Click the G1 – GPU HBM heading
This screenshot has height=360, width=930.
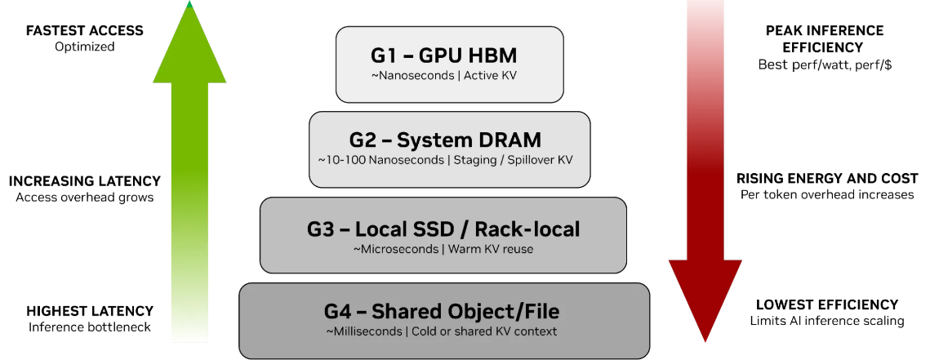(x=449, y=56)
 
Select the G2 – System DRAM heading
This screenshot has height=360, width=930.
(x=449, y=140)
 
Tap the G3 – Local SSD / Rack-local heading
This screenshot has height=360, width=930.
(x=443, y=229)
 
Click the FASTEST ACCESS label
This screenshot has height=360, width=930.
(x=85, y=30)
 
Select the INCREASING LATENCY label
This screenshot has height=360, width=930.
(x=85, y=181)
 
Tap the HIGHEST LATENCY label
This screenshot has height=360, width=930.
(x=90, y=311)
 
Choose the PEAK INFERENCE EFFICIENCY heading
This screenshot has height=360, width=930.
(x=825, y=39)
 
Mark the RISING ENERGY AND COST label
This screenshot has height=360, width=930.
(x=827, y=178)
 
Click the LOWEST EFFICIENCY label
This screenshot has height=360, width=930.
(x=827, y=304)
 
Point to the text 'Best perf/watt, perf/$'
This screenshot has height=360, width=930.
(x=825, y=64)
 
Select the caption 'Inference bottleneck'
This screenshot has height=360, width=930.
(x=90, y=327)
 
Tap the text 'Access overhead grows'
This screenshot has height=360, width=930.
(x=85, y=197)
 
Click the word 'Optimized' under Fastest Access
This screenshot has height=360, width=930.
(x=85, y=47)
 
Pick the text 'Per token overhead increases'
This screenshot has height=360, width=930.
(x=827, y=194)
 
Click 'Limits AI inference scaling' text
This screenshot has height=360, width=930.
(x=827, y=321)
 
